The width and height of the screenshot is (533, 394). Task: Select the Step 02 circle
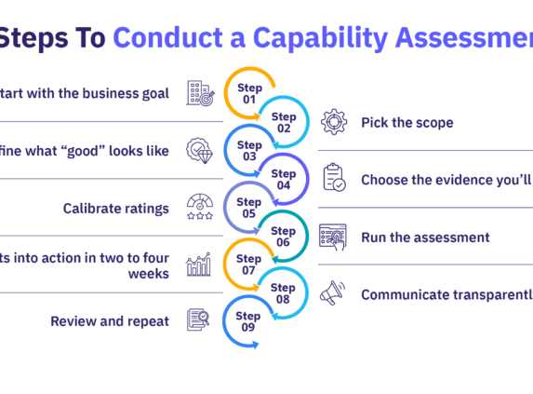click(283, 122)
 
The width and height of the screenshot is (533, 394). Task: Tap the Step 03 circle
click(249, 150)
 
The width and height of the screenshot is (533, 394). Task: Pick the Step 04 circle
click(283, 179)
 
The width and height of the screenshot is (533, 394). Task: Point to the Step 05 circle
click(249, 207)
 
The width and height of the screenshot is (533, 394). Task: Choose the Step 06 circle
click(283, 236)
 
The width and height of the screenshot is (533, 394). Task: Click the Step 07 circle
click(249, 264)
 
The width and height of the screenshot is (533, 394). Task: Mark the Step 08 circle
click(283, 293)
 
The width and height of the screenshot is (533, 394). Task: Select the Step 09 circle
click(249, 321)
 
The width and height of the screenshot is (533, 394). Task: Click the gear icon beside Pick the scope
click(333, 122)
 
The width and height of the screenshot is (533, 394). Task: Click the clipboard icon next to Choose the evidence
click(333, 179)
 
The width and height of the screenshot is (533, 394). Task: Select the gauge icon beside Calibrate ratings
click(199, 207)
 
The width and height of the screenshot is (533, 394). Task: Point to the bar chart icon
click(199, 265)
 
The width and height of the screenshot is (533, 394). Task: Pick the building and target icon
click(199, 93)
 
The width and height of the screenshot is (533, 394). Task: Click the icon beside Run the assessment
click(333, 237)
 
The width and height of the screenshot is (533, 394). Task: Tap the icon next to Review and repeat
click(199, 321)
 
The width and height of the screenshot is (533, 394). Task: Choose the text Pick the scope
click(408, 122)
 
